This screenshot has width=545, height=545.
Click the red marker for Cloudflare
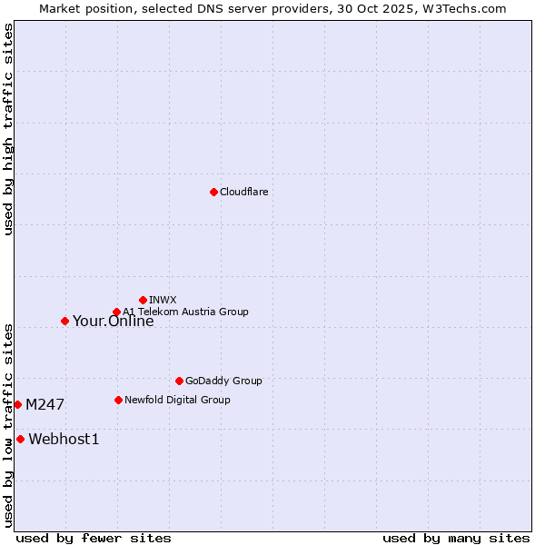point(213,192)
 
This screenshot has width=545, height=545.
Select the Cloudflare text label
point(243,193)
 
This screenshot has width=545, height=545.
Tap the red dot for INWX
point(143,300)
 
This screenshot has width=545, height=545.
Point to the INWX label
point(163,300)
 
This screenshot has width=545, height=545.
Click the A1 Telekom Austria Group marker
point(116,312)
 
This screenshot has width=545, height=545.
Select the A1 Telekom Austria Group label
point(185,312)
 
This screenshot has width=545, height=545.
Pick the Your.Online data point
point(64,321)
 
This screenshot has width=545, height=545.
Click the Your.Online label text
point(113,322)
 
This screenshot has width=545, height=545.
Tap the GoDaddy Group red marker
point(179,381)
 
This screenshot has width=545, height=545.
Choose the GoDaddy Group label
point(223,381)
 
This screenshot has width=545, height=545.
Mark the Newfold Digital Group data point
point(118,400)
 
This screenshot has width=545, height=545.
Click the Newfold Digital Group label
point(177,400)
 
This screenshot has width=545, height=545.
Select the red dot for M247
point(17,404)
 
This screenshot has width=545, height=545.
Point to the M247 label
point(45,405)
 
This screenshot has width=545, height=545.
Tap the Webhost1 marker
point(20,439)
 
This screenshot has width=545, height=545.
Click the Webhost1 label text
point(64,440)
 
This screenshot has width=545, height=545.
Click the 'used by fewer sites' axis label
point(94,539)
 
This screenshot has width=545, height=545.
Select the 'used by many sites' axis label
point(456,539)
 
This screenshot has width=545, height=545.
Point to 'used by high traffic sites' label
point(8,129)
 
